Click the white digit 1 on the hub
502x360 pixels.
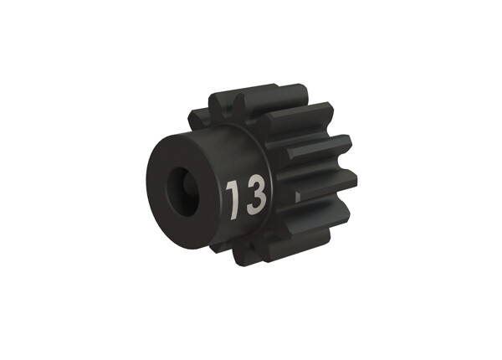point(233,198)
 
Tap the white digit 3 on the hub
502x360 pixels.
point(255,195)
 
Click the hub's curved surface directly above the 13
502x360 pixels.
point(243,155)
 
